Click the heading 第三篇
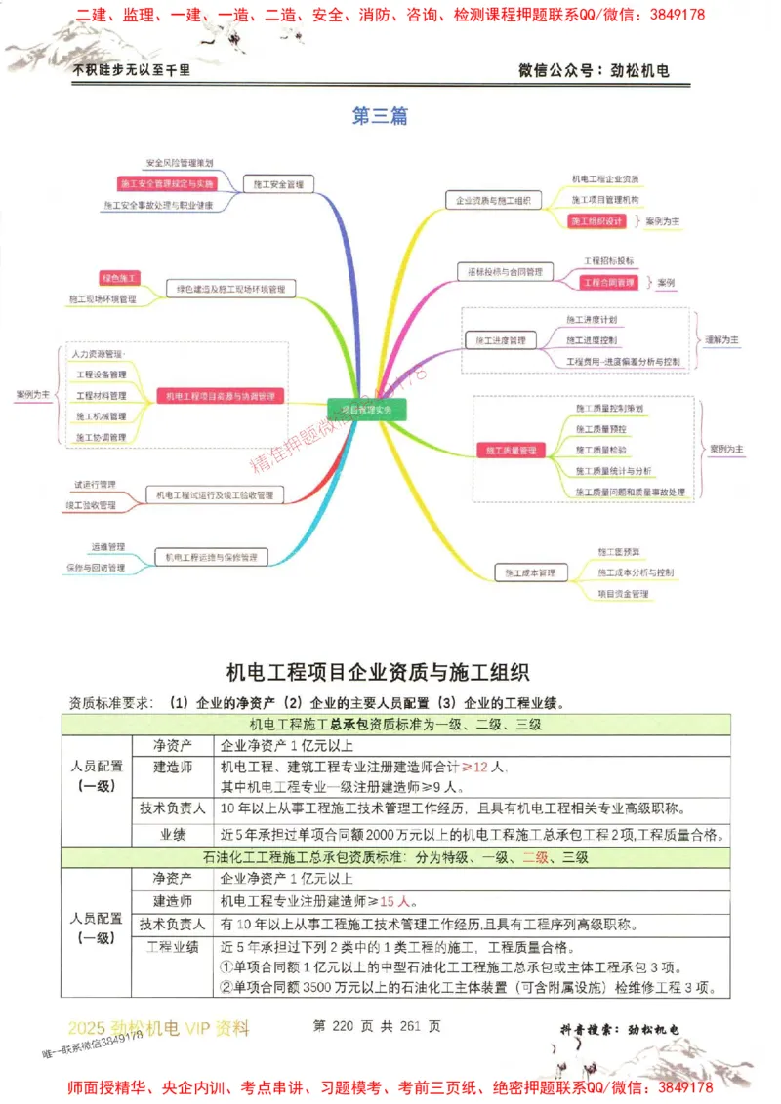(x=380, y=116)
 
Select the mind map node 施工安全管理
(x=277, y=183)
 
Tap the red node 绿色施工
(x=121, y=279)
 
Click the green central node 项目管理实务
(x=367, y=410)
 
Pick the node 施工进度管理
(x=500, y=340)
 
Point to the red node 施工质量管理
(x=513, y=451)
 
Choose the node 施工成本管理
(x=530, y=572)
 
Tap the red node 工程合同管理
(x=606, y=282)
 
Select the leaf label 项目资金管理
(x=623, y=593)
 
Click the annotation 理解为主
(x=721, y=340)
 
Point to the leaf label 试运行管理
(x=95, y=484)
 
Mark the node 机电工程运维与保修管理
(x=211, y=558)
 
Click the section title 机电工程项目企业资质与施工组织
(x=378, y=672)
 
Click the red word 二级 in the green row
(x=535, y=858)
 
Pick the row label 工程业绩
(x=172, y=946)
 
